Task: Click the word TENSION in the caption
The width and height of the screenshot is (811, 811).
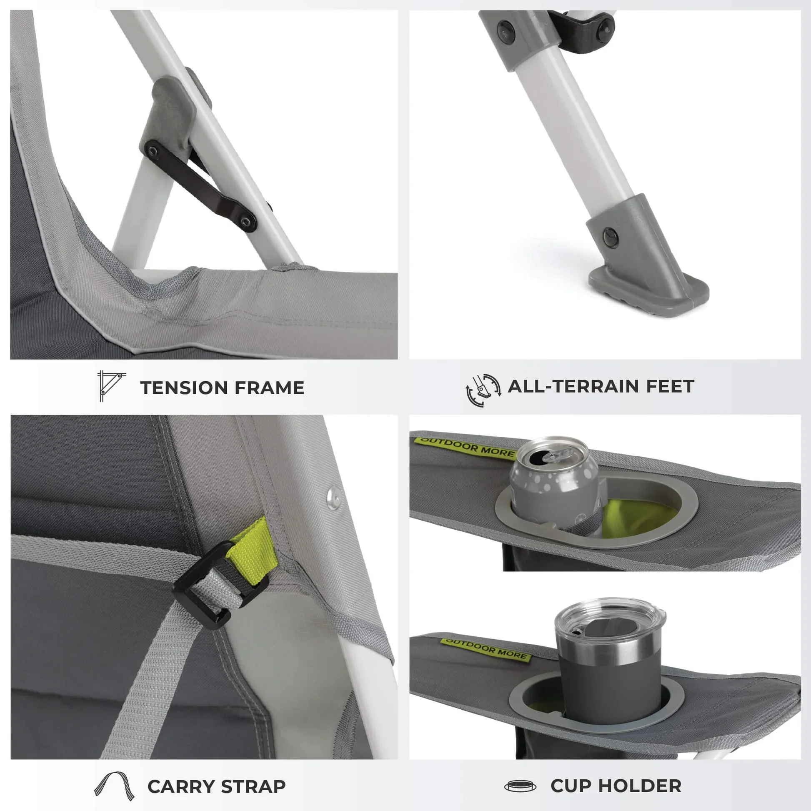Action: (183, 388)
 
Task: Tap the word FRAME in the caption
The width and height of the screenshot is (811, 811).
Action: (270, 388)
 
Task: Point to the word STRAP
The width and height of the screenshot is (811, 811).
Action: (253, 787)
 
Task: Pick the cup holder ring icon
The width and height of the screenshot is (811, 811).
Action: (520, 786)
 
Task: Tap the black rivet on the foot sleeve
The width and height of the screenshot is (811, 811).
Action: (611, 238)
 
